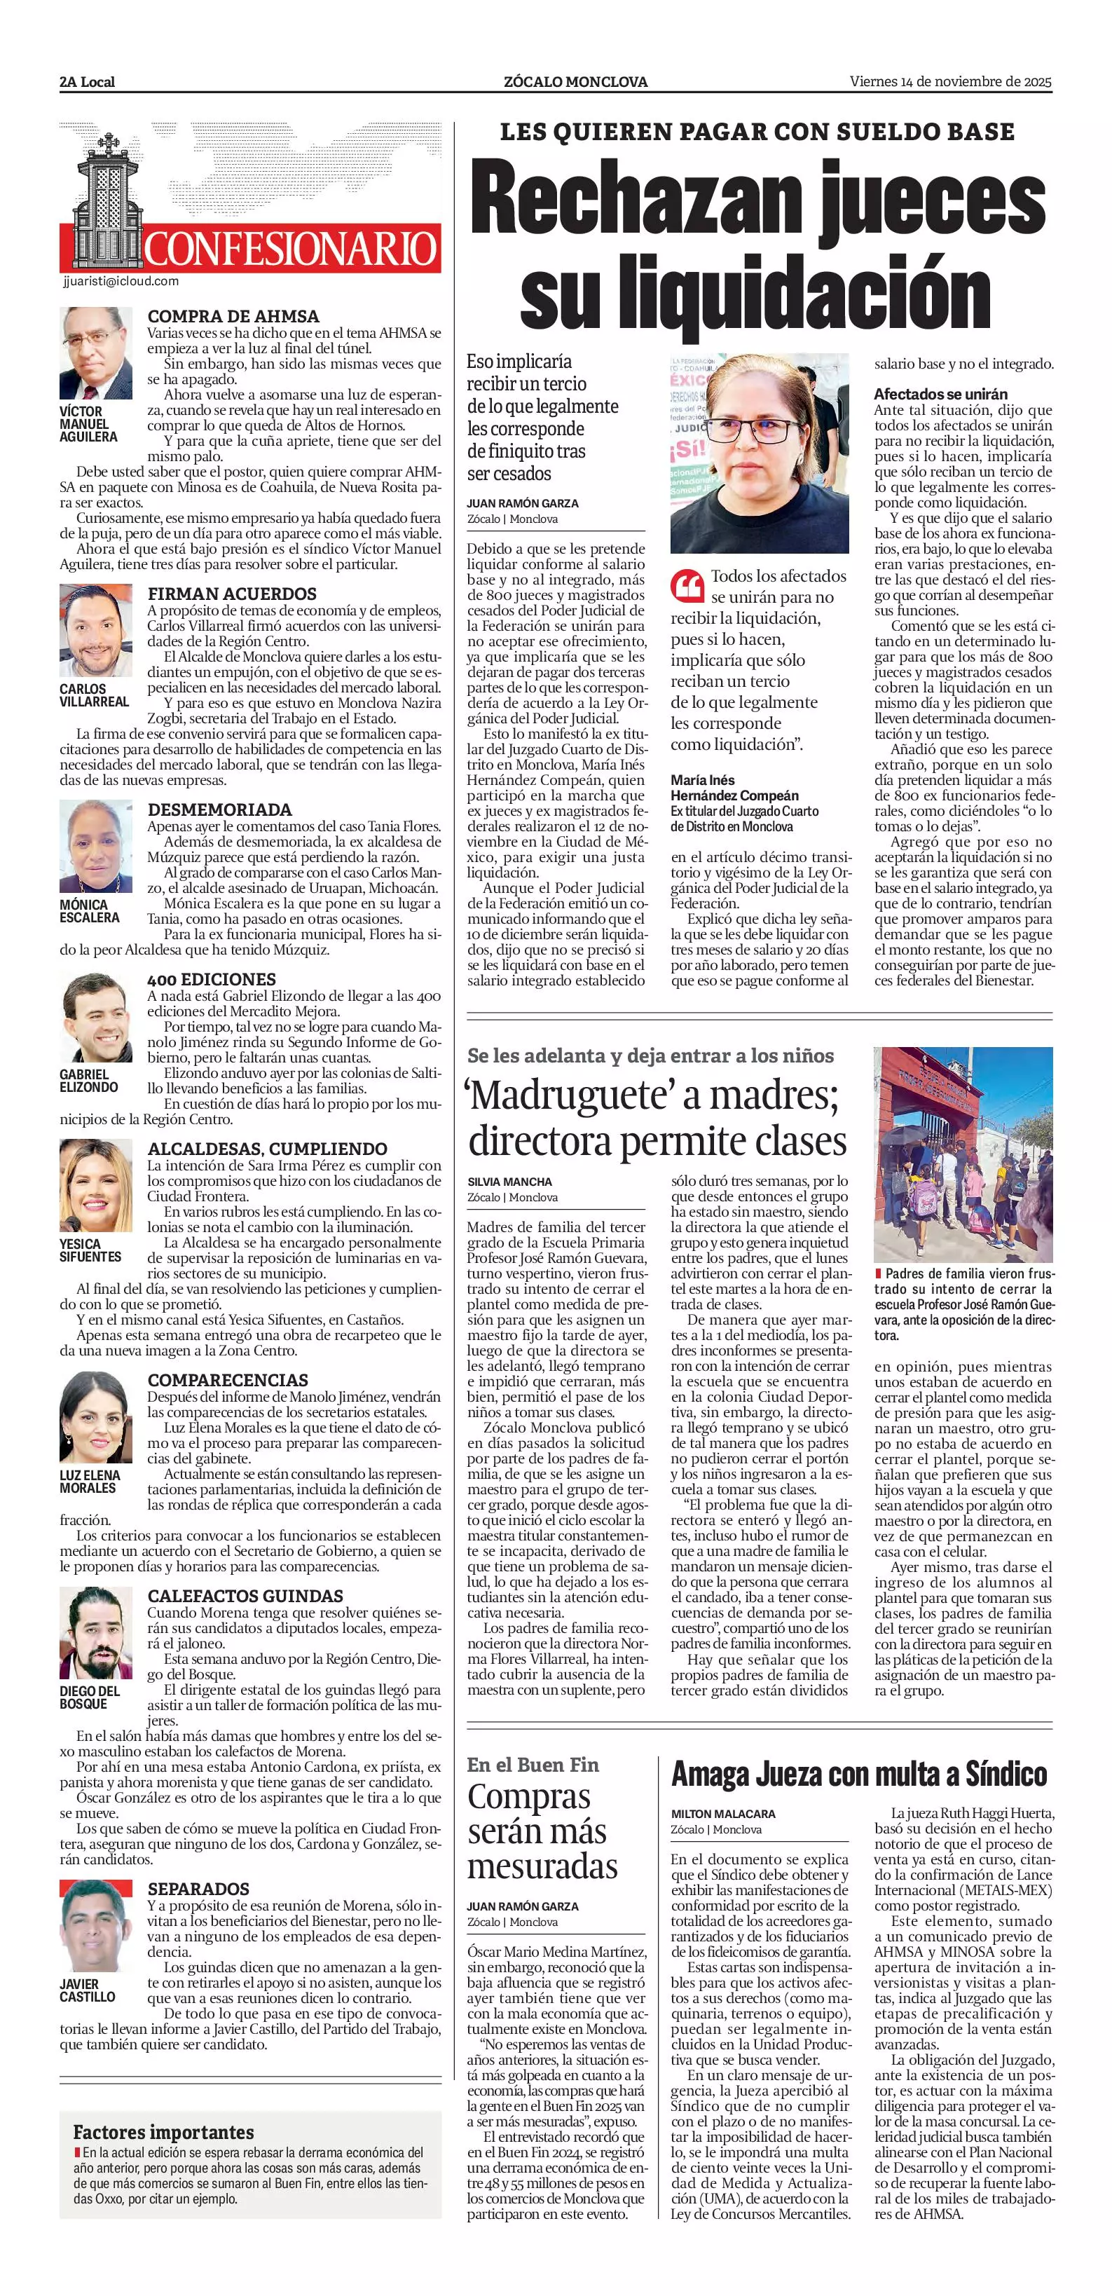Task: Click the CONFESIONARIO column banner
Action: [291, 249]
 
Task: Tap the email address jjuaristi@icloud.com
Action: [121, 281]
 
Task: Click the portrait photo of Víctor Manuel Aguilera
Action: [95, 354]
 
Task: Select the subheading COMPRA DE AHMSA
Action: [233, 316]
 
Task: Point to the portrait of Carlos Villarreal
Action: [95, 631]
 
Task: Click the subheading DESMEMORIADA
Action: [220, 809]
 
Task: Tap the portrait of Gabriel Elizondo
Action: [95, 1018]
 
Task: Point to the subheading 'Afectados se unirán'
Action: [940, 394]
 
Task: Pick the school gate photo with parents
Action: [962, 1154]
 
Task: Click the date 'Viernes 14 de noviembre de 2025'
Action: [951, 82]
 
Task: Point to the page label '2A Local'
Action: [88, 82]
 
